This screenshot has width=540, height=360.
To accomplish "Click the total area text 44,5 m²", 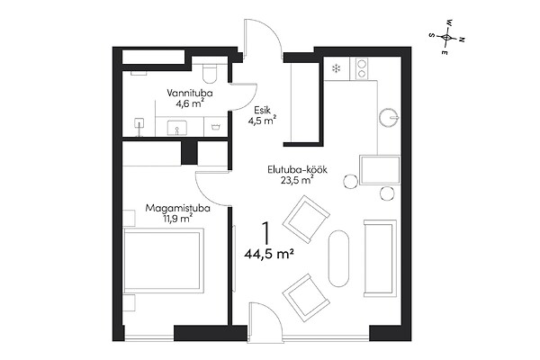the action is pos(269,254).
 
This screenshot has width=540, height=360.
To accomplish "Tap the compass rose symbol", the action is pos(446,37).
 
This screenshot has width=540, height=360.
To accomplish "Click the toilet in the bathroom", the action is pos(210,73).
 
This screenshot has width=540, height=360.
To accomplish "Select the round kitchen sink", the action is pos(389,118).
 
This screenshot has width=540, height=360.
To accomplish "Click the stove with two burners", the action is pos(362,69).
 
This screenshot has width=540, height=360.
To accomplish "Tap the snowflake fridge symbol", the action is pos(336,69).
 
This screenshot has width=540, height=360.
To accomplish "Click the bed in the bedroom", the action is pos(163,261).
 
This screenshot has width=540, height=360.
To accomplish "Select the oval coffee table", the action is pos(338,258).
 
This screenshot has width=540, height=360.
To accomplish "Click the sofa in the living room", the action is pos(380,258).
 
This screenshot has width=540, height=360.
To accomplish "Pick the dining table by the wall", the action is pos(380,170).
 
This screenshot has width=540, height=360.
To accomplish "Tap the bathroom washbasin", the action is pos(177,128).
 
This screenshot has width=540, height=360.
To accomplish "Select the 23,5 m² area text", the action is pos(297,180).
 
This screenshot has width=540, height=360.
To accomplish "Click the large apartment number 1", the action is pos(265,234).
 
